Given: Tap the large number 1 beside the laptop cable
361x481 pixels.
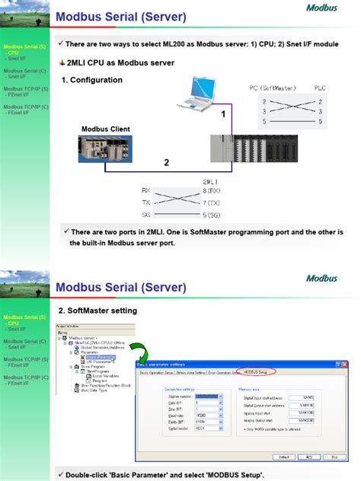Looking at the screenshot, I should [223, 114].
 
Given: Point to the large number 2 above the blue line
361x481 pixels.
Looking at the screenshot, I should [166, 162].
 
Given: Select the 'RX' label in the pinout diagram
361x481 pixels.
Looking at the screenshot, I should [146, 190].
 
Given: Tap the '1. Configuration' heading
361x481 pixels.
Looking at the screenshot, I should [92, 80].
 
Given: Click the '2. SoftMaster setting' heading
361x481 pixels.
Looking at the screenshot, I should [97, 311].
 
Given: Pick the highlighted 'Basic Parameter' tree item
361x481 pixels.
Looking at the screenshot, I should [100, 356].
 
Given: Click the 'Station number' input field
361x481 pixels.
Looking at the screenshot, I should [207, 397].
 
